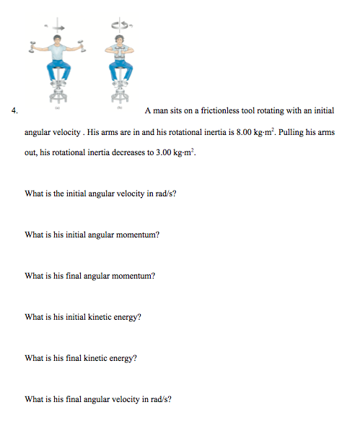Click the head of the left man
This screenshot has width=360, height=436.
(x=58, y=38)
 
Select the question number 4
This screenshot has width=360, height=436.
(x=15, y=110)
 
